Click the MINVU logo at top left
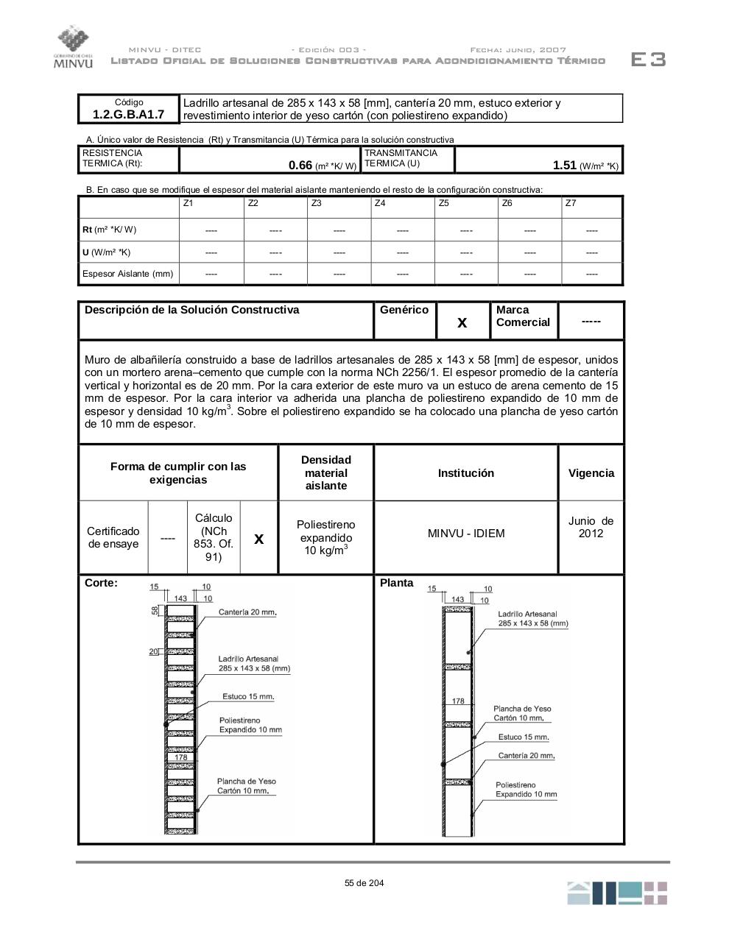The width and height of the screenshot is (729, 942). click(72, 47)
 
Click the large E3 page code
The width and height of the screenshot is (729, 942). click(648, 60)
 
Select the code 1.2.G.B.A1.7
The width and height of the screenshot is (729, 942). click(129, 114)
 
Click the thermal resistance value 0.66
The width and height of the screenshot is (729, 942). click(300, 166)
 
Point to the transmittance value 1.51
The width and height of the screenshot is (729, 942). click(564, 166)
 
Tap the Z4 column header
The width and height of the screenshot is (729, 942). click(380, 203)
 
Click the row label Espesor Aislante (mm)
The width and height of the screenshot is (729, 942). click(128, 274)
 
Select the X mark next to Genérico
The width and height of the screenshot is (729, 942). click(462, 322)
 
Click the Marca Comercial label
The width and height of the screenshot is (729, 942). click(523, 316)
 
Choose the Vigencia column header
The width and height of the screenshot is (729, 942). click(591, 473)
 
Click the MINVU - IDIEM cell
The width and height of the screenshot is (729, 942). click(466, 534)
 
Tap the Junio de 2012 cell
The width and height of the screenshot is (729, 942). click(591, 527)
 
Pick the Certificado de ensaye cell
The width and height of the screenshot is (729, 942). click(113, 538)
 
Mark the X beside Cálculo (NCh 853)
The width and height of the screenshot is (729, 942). click(258, 539)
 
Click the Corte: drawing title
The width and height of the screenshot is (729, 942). click(101, 583)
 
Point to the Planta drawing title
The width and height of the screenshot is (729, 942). click(397, 583)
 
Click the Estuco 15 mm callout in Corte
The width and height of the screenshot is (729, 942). click(248, 696)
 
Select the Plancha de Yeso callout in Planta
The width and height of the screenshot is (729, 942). click(522, 713)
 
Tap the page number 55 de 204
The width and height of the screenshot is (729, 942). click(364, 883)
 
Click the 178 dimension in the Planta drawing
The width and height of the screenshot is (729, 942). click(458, 701)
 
